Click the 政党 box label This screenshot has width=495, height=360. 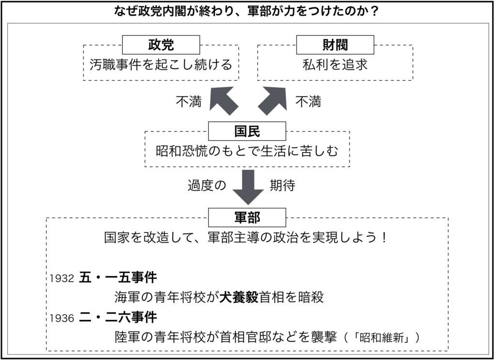click(x=161, y=45)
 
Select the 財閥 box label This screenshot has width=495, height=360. click(x=335, y=45)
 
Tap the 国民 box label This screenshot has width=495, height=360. click(x=247, y=131)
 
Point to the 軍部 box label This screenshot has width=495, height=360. click(x=247, y=217)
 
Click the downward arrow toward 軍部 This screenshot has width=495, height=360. click(x=248, y=187)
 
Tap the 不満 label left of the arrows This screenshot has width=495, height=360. click(x=189, y=102)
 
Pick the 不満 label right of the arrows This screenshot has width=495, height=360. click(x=308, y=102)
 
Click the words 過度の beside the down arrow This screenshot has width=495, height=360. click(x=207, y=185)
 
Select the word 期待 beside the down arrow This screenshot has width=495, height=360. click(x=282, y=185)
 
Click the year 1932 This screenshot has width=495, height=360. click(x=62, y=278)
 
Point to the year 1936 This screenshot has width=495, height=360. click(x=62, y=318)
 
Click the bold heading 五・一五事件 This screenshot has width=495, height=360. click(x=118, y=278)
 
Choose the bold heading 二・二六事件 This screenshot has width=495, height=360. click(x=118, y=317)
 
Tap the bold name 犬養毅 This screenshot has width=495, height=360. click(x=239, y=297)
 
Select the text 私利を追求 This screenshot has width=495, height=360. click(x=335, y=65)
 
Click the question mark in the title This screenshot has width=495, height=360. click(x=375, y=12)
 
